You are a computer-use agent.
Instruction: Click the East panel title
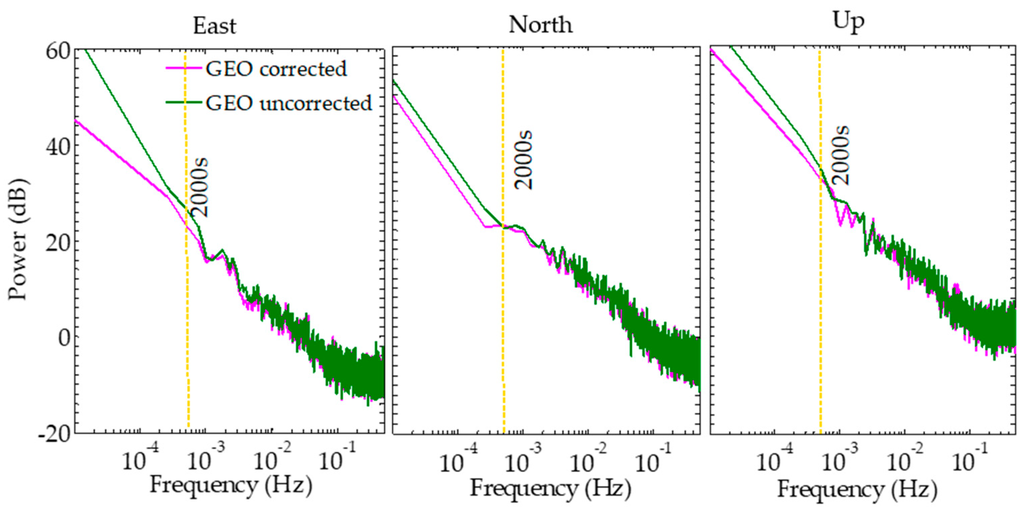(x=214, y=26)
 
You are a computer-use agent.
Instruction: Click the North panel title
(x=540, y=25)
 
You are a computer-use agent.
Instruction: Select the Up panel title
(x=848, y=22)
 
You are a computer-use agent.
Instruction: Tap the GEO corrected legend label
(x=276, y=69)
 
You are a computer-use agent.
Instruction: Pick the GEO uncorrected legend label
(x=289, y=103)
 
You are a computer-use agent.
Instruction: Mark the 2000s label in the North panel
(x=523, y=160)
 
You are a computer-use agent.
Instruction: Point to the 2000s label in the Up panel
(x=841, y=155)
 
